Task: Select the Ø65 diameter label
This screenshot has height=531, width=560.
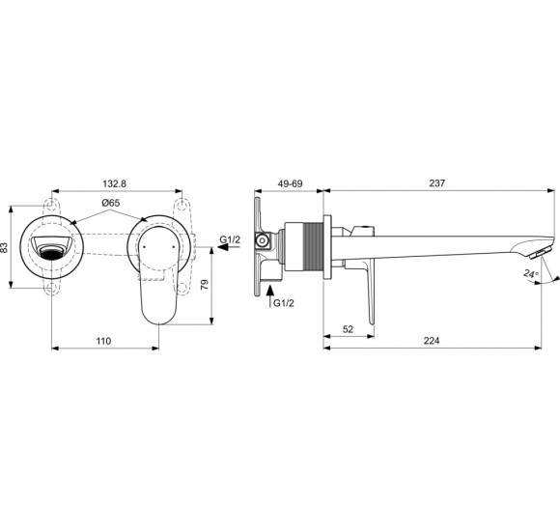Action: click(x=109, y=204)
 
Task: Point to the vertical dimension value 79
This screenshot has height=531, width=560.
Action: click(x=205, y=286)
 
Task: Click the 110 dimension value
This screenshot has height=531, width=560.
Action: click(x=103, y=340)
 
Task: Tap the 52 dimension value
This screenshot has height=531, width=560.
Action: click(x=348, y=329)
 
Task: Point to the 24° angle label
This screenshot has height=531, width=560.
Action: click(x=529, y=274)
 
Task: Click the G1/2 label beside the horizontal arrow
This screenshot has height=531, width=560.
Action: click(x=231, y=238)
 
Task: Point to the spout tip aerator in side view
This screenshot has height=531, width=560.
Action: click(x=536, y=253)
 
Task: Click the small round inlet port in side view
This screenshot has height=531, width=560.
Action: click(x=260, y=239)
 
